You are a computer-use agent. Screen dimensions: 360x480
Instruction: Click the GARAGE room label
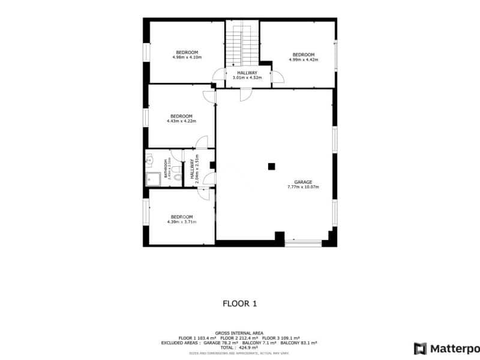(302, 182)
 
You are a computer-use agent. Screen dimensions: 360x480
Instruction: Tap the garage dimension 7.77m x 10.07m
(302, 187)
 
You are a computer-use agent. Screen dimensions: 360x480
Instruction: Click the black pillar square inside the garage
(272, 166)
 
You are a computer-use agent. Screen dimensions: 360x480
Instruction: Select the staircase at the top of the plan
(242, 45)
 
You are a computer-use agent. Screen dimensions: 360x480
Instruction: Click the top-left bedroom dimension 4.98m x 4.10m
(187, 58)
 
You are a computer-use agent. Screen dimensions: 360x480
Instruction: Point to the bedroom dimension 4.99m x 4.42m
(303, 60)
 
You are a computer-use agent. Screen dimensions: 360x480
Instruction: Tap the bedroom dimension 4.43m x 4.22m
(181, 121)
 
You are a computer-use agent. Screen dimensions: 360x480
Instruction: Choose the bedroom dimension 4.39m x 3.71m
(182, 222)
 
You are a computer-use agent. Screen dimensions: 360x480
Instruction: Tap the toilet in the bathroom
(176, 170)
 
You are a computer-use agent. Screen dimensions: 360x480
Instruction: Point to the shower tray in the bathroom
(152, 178)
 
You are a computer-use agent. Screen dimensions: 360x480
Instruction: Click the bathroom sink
(149, 160)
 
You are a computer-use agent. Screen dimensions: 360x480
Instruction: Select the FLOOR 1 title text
(239, 304)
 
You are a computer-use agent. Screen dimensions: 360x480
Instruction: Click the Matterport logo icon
(421, 349)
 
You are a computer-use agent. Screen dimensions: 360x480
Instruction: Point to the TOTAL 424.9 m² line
(239, 347)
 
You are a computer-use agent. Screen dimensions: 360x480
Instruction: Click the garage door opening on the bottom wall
(303, 243)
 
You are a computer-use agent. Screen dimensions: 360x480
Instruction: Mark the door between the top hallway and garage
(245, 94)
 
